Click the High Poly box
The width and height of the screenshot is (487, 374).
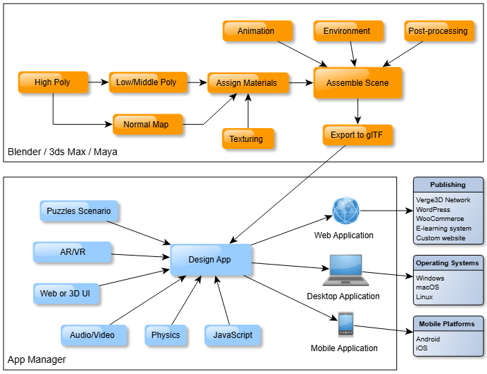coord(53,82)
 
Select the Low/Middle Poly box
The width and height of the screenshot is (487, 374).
coord(146,82)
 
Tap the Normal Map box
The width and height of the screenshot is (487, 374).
coord(147,125)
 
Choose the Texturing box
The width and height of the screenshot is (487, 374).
coord(246,139)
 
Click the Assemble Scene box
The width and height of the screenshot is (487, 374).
coord(357,83)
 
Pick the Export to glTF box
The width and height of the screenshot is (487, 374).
coord(357,135)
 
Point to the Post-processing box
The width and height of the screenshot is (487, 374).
coord(438,31)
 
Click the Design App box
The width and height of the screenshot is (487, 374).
coord(210,260)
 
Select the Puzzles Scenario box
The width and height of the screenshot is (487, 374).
coord(78,211)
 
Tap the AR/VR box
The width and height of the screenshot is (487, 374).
coord(72,252)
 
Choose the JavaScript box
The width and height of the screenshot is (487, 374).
coord(232,335)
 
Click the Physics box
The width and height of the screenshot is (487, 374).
coord(166,335)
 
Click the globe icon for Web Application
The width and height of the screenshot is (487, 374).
coord(346,211)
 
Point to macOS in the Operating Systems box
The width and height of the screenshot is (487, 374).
coord(428,287)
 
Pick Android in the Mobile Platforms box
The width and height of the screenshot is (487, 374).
coord(428,339)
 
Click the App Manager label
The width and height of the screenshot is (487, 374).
coord(37,359)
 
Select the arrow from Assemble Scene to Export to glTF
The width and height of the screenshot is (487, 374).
coord(358,111)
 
